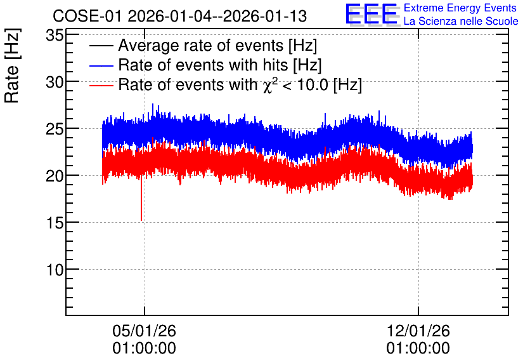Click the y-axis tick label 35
coord(55,35)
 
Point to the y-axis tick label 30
coord(55,82)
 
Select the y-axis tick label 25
coord(55,129)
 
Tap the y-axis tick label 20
coord(55,176)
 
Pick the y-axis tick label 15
coord(55,223)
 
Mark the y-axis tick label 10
coord(55,270)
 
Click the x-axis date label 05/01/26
coord(145,331)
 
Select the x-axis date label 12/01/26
coord(418,331)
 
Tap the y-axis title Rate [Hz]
coord(12,65)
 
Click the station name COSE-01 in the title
coord(87,16)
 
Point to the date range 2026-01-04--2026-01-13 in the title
coord(217,16)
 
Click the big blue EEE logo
coord(372,14)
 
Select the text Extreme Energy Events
coord(460,8)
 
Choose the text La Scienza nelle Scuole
coord(461,21)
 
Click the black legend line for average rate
coord(101,46)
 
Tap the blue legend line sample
coord(101,65)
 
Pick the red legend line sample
coord(101,85)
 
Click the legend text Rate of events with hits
coord(203,65)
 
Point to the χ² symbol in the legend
coord(268,85)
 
